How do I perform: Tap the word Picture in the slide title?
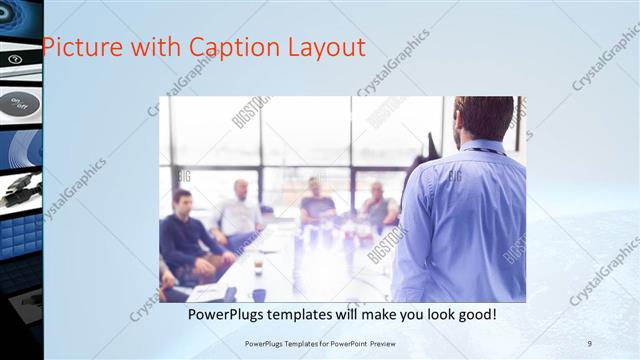pyautogui.click(x=83, y=47)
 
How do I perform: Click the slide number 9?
pyautogui.click(x=590, y=344)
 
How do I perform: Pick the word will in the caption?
pyautogui.click(x=371, y=315)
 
